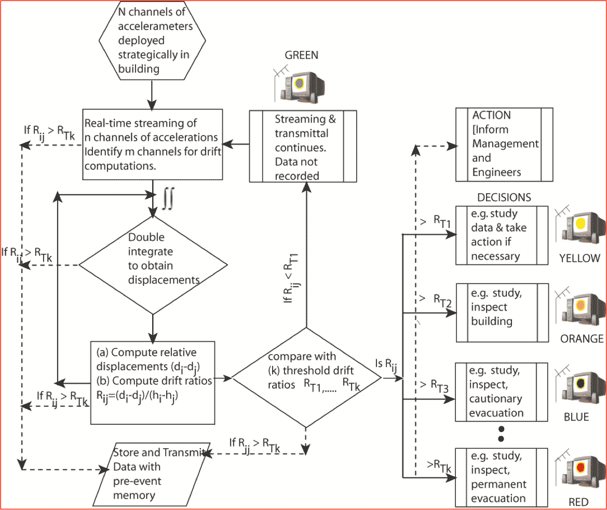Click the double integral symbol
[x=166, y=198]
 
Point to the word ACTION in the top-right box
[x=491, y=115]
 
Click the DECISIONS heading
[x=504, y=197]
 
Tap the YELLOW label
[x=579, y=258]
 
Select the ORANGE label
[x=582, y=339]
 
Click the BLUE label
[x=576, y=417]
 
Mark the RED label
[x=578, y=502]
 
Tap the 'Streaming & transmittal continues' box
[x=303, y=146]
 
